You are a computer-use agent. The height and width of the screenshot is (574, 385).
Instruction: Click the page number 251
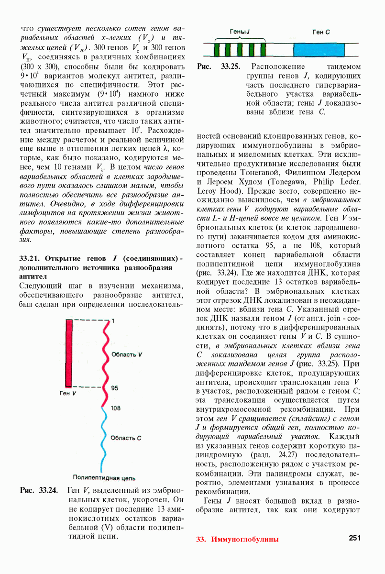tap(354, 538)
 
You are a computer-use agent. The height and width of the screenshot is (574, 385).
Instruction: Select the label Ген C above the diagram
tap(321, 32)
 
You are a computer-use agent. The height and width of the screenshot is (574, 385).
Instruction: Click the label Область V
tap(126, 355)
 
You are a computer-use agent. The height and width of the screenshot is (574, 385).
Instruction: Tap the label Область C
tap(126, 438)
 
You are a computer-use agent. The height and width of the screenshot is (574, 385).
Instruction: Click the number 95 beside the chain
tap(115, 388)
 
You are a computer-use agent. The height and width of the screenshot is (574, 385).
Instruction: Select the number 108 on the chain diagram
tap(115, 408)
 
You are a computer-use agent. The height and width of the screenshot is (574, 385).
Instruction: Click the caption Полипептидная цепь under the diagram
tap(104, 477)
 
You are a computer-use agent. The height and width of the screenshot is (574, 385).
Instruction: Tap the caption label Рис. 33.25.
tap(219, 67)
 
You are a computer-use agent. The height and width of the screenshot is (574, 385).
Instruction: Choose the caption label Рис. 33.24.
tap(39, 490)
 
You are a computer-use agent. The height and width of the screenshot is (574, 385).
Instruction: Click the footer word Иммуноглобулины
tap(245, 539)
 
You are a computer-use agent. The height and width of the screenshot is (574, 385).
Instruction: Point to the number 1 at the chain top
tap(113, 320)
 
